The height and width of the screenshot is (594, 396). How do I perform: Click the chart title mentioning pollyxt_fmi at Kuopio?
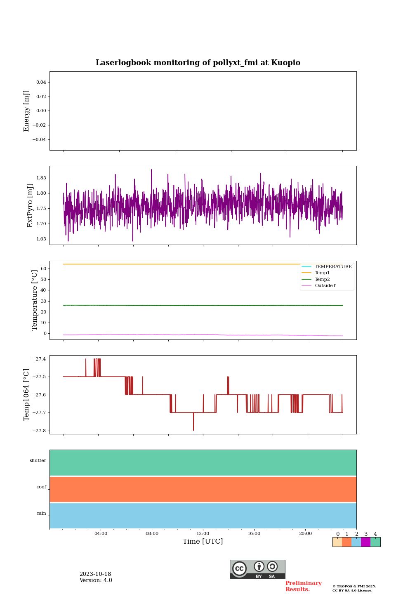point(198,63)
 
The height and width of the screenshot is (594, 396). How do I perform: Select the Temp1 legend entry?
point(322,273)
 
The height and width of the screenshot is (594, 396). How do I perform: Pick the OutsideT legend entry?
point(325,286)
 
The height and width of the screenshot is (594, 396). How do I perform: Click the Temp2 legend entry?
point(322,280)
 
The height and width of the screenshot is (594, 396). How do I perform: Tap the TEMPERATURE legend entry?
point(333,267)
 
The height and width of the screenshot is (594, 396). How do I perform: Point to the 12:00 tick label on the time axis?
point(203,534)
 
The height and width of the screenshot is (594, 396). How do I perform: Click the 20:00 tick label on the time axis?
point(305,534)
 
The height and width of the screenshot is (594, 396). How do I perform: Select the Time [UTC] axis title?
point(203,542)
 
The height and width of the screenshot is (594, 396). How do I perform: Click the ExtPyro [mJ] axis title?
point(30,205)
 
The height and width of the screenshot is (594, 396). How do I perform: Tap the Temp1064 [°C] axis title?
point(27,395)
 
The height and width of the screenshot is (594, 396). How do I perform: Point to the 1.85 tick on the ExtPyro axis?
point(41,178)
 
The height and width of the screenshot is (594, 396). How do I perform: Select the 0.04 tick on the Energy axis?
point(41,82)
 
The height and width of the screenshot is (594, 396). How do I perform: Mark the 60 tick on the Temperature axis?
point(43,269)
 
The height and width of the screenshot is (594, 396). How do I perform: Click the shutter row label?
point(38,461)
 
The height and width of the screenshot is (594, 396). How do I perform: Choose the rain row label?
point(42,514)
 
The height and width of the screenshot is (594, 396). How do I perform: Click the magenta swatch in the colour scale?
point(365,542)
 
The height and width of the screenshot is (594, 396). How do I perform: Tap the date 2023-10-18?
point(95,574)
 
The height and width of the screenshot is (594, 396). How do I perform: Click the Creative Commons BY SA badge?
point(257,569)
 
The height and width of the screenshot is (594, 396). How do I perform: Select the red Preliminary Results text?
point(303,586)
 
